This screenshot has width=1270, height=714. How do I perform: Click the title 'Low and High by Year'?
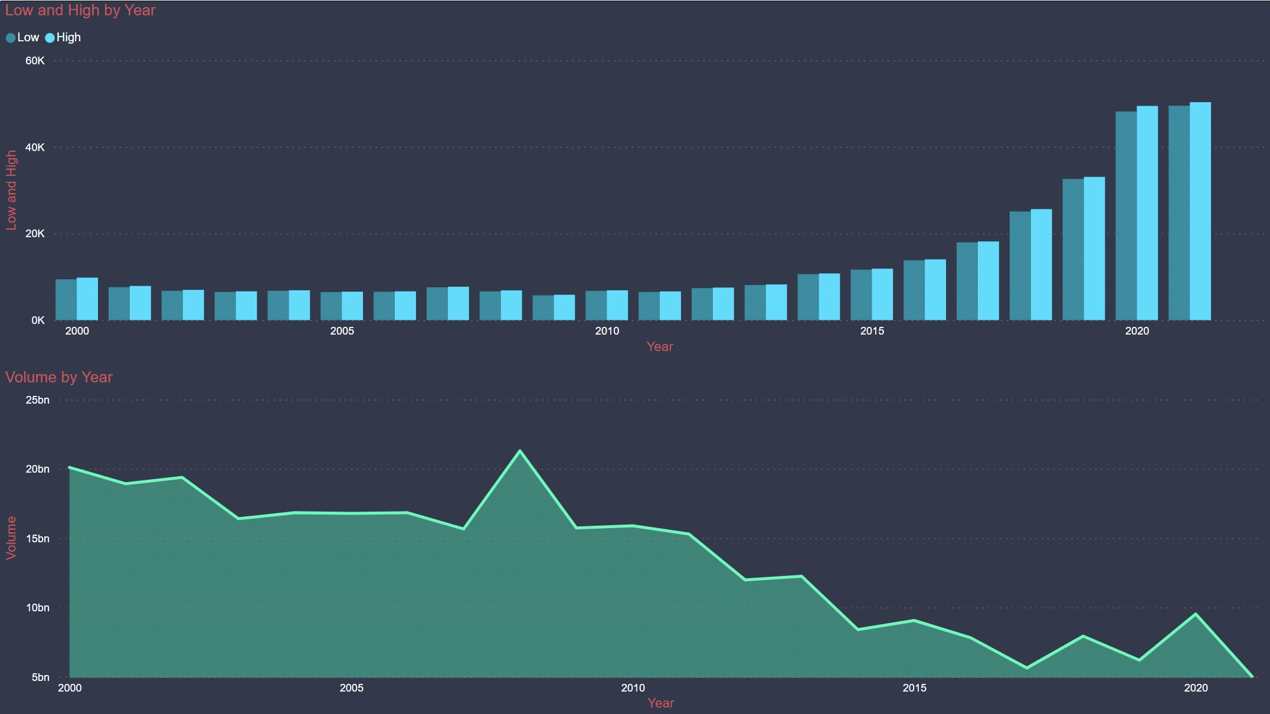tap(80, 11)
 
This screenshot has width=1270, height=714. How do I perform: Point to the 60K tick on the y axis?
tap(35, 61)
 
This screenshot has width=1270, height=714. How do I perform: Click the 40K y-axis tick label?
tap(35, 148)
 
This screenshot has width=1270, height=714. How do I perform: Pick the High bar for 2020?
tap(1147, 213)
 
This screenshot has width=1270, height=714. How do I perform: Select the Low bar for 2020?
tap(1126, 216)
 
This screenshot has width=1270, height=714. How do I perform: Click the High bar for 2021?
tap(1200, 211)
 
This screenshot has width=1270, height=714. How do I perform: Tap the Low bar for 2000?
tap(66, 300)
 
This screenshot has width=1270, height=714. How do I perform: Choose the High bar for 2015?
tap(882, 294)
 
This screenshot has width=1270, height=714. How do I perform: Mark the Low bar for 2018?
tap(1020, 266)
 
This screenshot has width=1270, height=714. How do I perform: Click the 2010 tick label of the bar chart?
tap(607, 331)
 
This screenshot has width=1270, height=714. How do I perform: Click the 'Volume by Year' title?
tap(59, 378)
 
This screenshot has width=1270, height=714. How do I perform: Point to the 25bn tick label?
tap(37, 400)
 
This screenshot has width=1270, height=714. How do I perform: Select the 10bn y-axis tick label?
tap(37, 608)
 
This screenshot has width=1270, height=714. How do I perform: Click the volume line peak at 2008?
tap(520, 451)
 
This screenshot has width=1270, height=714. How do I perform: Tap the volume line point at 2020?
tap(1196, 614)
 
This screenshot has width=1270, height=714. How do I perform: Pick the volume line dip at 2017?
tap(1027, 668)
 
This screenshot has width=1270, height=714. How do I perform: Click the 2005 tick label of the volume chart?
tap(351, 688)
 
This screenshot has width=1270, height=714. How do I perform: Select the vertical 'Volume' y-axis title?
tap(11, 538)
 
